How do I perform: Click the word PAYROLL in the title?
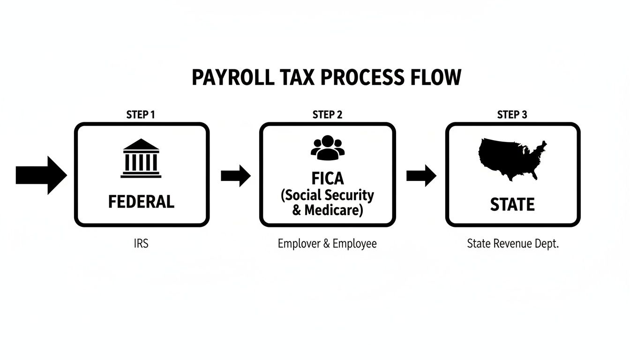[233, 77]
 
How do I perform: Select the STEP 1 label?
[141, 115]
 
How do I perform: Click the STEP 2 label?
[327, 115]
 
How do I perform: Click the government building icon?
[141, 158]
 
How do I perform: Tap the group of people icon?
[327, 147]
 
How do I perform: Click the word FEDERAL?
[141, 202]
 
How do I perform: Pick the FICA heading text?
[327, 179]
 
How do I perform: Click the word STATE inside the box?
[512, 205]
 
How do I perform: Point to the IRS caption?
[141, 244]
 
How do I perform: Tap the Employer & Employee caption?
[327, 244]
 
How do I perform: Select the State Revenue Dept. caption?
[513, 244]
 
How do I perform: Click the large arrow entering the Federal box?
[41, 175]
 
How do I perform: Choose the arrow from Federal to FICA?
[235, 175]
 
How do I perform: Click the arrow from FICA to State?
[421, 175]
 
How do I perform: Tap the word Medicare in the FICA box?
[333, 210]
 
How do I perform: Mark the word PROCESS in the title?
[362, 77]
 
